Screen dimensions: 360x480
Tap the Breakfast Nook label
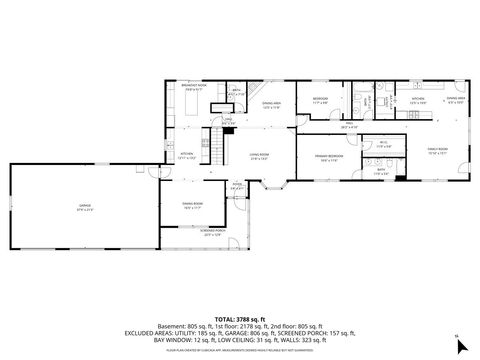click(x=194, y=87)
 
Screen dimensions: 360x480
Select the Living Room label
click(x=259, y=155)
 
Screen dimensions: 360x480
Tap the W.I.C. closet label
click(x=381, y=144)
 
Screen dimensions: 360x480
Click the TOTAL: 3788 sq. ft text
click(x=240, y=290)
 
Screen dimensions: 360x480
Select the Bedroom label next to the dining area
click(x=320, y=100)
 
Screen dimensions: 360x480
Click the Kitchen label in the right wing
click(x=417, y=100)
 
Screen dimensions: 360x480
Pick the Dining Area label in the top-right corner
click(x=456, y=100)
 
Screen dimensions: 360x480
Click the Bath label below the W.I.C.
click(x=381, y=170)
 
